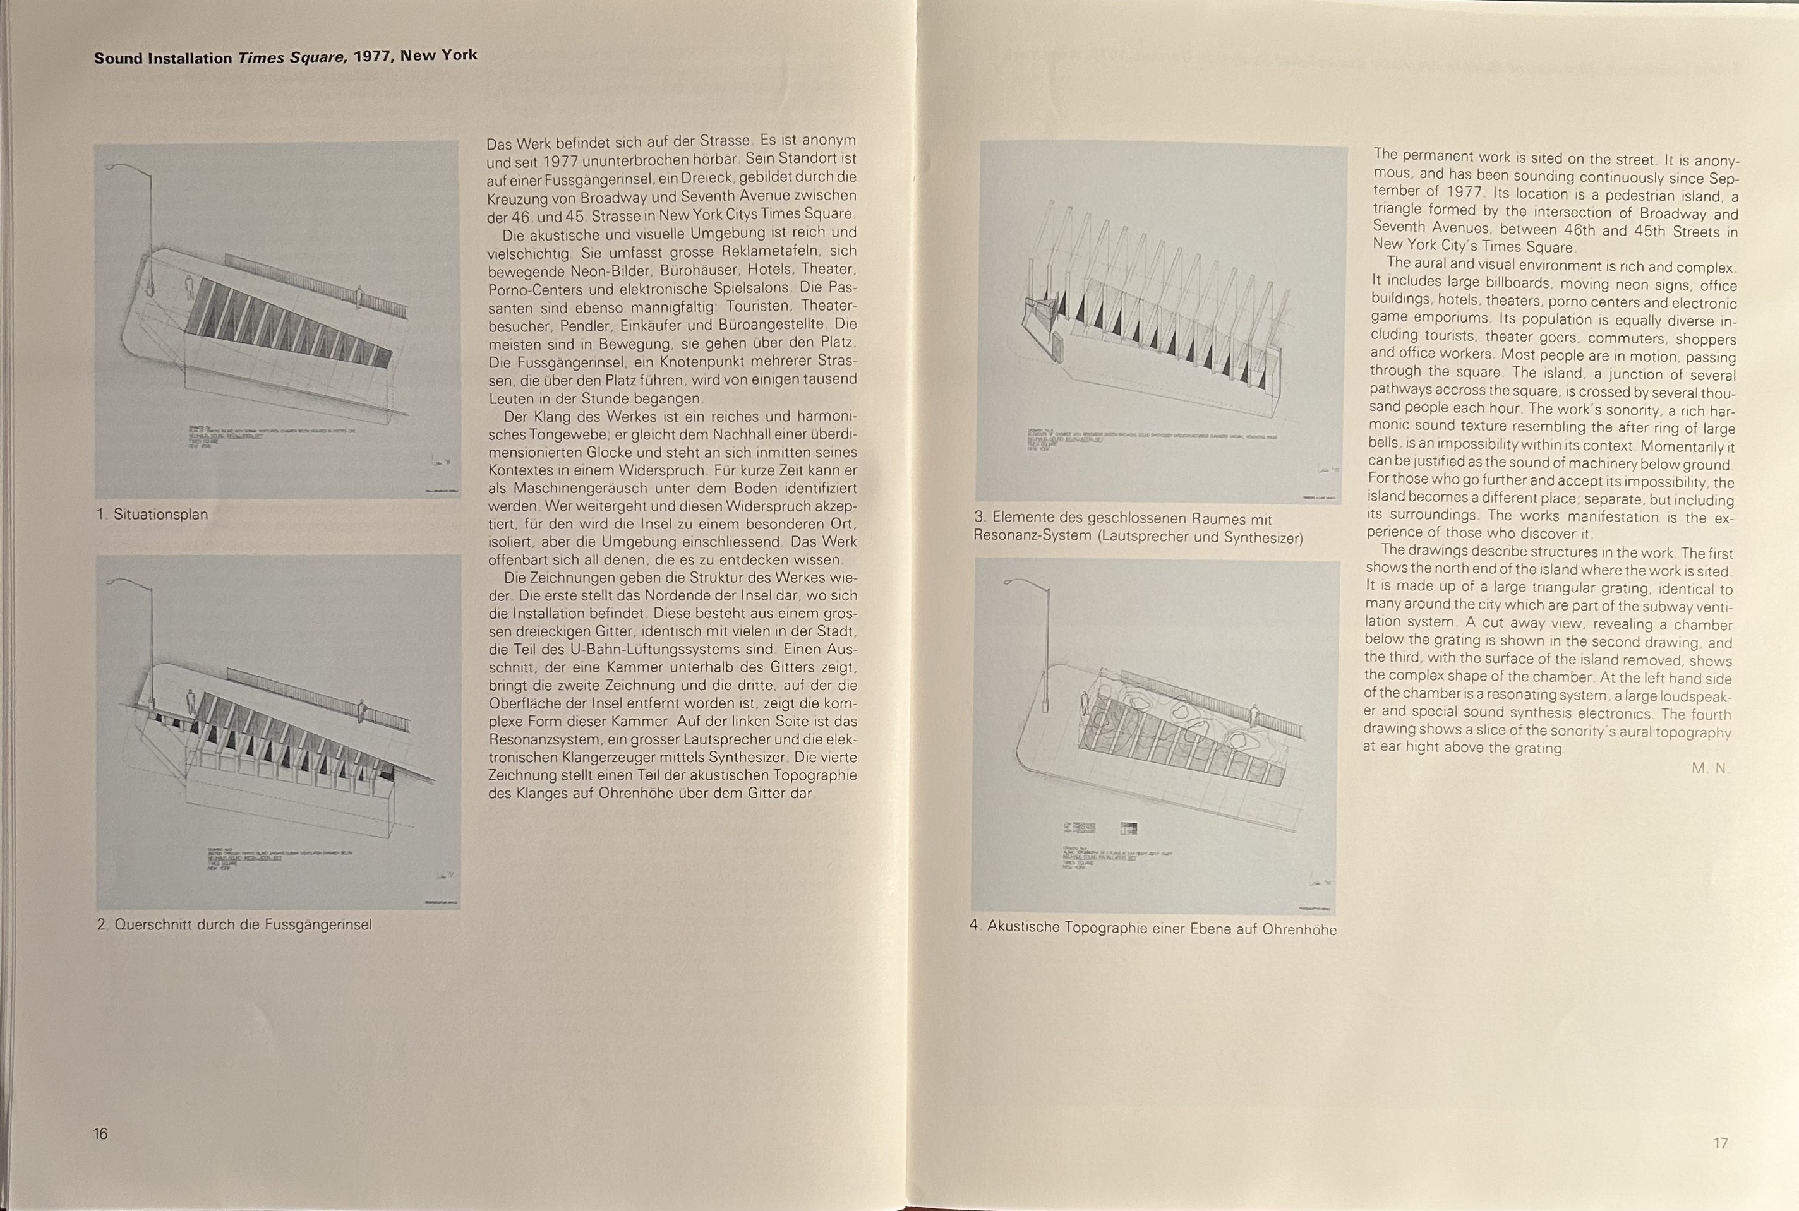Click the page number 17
click(1720, 1143)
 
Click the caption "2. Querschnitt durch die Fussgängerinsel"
click(234, 924)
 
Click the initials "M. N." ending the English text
click(1708, 768)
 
